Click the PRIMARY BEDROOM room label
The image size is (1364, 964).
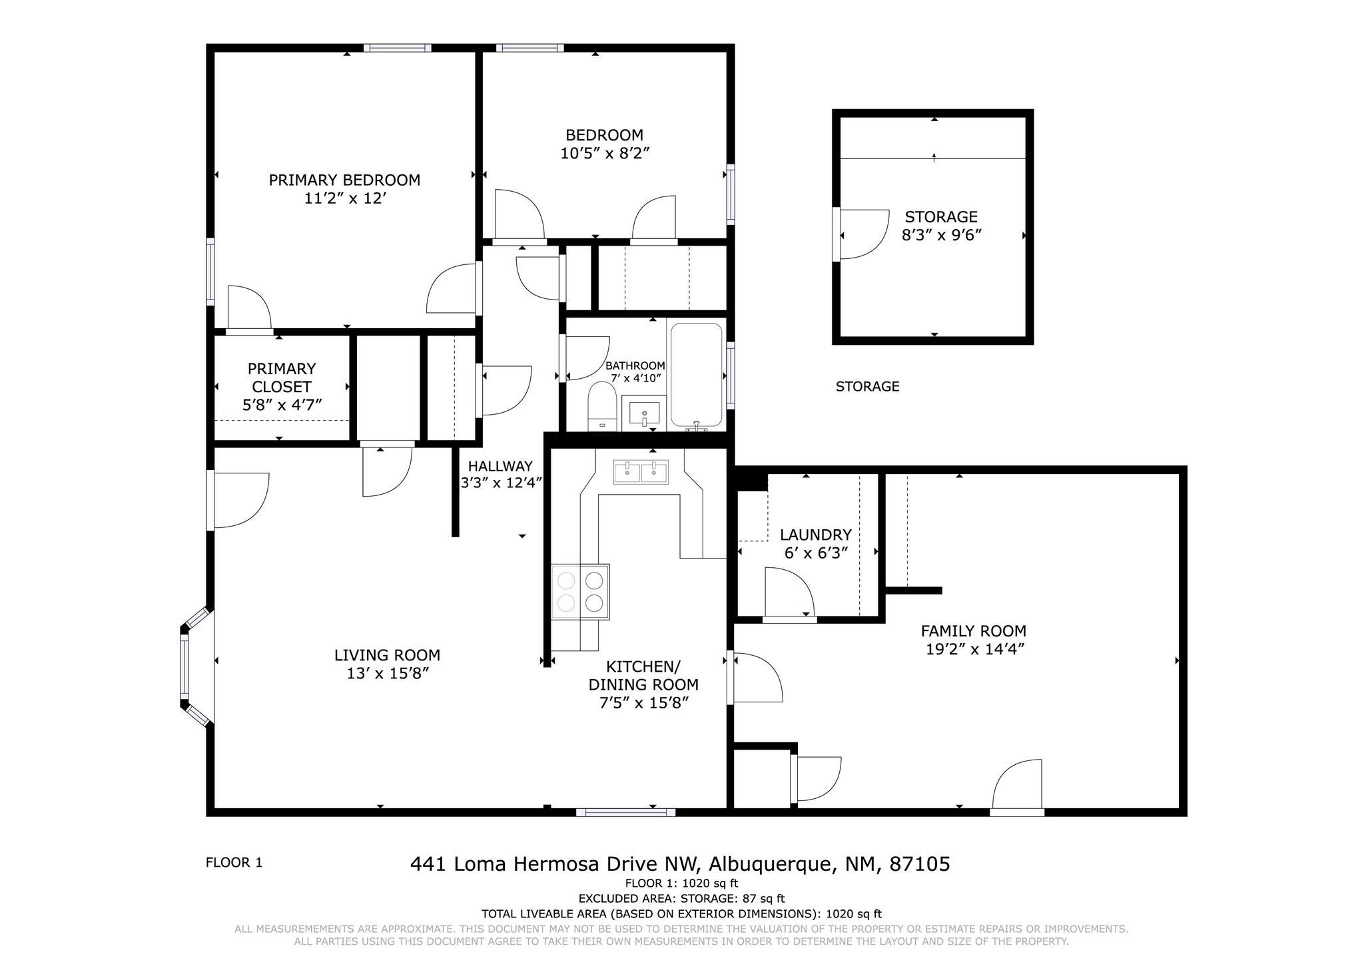coord(344,180)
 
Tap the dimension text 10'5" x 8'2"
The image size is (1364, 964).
coord(605,153)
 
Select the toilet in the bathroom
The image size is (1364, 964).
coord(602,406)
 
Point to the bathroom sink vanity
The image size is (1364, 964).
coord(643,413)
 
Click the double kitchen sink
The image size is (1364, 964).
coord(641,472)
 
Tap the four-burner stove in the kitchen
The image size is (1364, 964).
coord(580,592)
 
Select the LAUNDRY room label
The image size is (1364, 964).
coord(815,535)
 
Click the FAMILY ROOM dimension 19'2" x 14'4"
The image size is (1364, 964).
coord(974,649)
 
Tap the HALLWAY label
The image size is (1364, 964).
coord(500,466)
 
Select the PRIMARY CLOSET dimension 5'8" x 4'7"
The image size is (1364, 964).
coord(282,405)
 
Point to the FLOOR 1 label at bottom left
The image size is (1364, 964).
coord(234,863)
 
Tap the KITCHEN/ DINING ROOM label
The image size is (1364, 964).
coord(643,675)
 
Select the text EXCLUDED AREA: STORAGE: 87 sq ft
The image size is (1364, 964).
coord(681,899)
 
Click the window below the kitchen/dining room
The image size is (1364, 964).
coord(625,812)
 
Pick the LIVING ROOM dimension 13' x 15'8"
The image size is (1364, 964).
coord(387,673)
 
